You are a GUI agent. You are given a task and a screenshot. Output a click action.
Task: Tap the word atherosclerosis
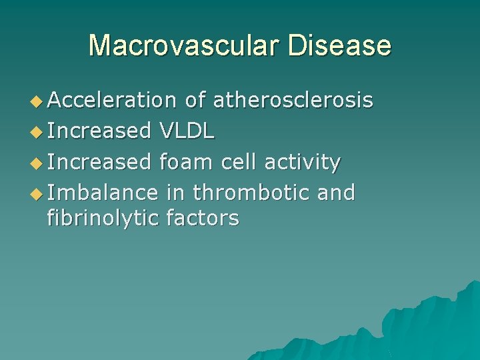pos(293,101)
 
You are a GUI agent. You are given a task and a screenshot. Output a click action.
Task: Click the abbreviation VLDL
pos(187,131)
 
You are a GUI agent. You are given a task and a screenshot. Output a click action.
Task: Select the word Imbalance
pos(103,193)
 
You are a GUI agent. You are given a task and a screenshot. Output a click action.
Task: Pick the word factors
pos(202,217)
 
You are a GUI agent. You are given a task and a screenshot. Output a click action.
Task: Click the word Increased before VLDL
pos(100,131)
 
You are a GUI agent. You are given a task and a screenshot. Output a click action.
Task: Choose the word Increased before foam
pos(100,162)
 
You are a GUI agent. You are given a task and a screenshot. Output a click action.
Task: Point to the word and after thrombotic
pos(335,193)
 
